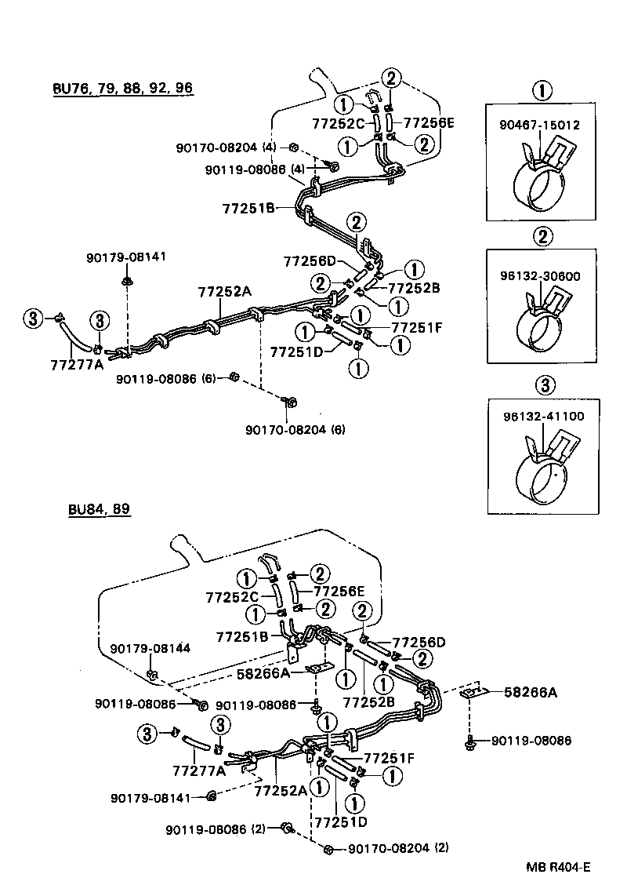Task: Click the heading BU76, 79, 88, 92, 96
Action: [122, 87]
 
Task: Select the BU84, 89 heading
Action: [99, 509]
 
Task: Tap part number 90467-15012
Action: [540, 125]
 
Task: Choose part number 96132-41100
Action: [540, 417]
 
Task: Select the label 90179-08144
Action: [150, 648]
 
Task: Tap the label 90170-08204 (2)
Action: [397, 848]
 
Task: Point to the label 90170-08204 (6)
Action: [295, 429]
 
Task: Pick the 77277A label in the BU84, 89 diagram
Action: [199, 770]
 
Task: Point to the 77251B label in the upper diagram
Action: [248, 208]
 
